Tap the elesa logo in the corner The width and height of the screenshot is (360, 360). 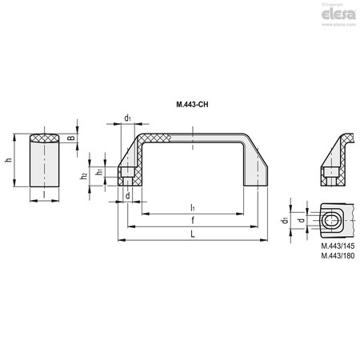pos(336,16)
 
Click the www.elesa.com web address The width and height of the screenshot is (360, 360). pos(335,27)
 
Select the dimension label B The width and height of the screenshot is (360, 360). pos(71,138)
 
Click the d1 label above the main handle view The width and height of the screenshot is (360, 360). pos(128,118)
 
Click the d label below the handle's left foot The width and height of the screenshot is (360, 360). pos(128,195)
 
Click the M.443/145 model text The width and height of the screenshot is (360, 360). pos(337,246)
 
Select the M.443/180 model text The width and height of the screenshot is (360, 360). pos(337,255)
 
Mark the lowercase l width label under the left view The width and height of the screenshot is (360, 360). pos(45,194)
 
